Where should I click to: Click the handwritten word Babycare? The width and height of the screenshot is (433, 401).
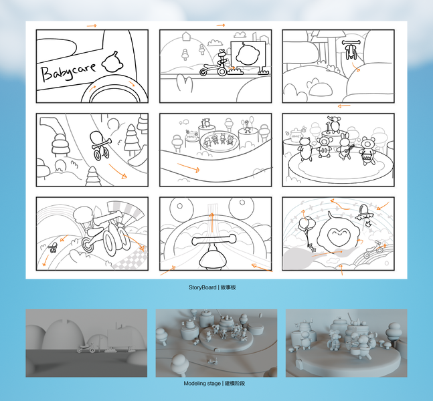click(x=68, y=71)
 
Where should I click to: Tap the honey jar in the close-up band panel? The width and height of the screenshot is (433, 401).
click(x=296, y=135)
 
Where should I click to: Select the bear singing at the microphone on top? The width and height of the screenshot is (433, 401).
click(x=335, y=124)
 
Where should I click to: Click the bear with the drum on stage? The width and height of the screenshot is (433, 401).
click(x=367, y=151)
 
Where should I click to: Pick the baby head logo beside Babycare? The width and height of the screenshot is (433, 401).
click(x=112, y=62)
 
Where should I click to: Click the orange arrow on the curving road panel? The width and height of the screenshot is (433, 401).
click(x=188, y=167)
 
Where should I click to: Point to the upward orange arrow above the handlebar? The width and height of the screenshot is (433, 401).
click(x=211, y=223)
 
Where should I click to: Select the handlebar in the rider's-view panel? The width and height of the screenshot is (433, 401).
click(x=215, y=240)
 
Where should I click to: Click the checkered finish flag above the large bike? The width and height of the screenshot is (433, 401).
click(x=126, y=211)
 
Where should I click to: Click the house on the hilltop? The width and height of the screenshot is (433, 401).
click(x=187, y=36)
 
